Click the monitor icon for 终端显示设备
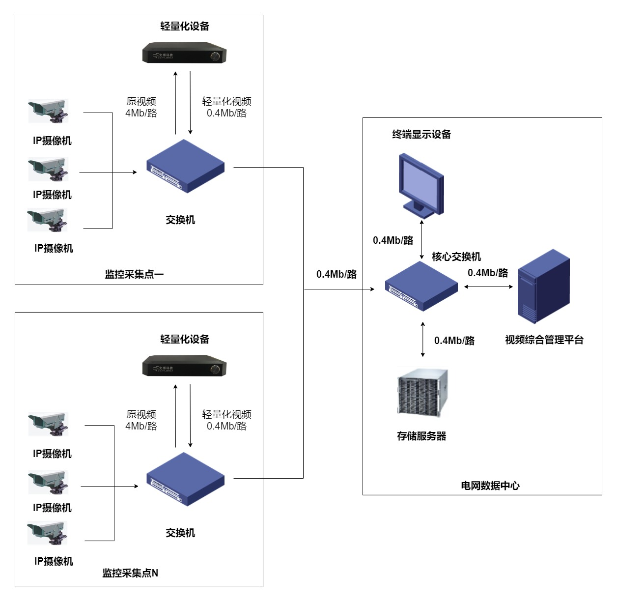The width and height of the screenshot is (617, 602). pos(421,184)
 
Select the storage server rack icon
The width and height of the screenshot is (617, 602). pos(422,392)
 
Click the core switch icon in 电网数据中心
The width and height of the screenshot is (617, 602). pos(421,286)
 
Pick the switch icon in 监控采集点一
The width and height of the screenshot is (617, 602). pos(185,166)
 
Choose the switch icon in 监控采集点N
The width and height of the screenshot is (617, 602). pos(185,479)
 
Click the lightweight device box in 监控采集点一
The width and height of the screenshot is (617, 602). pos(184,53)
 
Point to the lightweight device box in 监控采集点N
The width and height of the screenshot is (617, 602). pos(184,366)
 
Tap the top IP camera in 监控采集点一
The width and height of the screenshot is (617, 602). pos(48,111)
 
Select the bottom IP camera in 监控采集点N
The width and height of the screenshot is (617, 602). pos(47,533)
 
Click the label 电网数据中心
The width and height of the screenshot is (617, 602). pos(490,486)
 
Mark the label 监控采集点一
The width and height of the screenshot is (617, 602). pos(134,274)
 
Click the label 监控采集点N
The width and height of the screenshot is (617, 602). pos(130,573)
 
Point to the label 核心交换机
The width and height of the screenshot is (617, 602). pos(456,257)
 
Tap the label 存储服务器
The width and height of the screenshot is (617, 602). pos(421,436)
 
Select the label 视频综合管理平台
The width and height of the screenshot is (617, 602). pos(544,340)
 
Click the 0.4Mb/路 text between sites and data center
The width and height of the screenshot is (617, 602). pos(337,274)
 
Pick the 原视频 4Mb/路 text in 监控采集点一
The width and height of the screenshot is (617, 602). pos(141,107)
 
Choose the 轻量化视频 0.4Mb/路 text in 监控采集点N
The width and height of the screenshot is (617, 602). pos(226,420)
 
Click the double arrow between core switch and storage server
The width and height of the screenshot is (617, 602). pos(423,339)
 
